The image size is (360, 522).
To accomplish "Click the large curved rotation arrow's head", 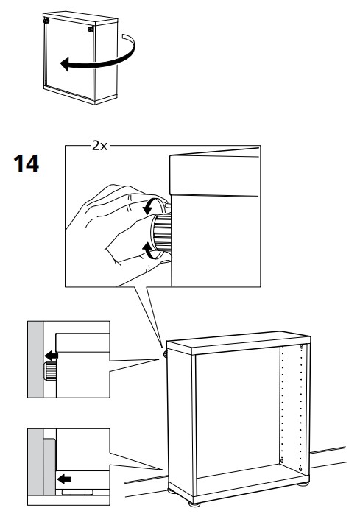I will point(65,66).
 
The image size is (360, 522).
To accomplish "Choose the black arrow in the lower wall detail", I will point(65,479).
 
